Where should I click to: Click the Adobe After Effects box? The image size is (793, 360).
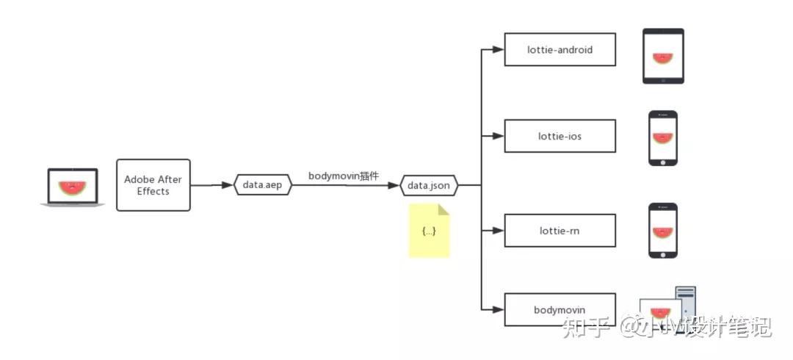[x=153, y=185]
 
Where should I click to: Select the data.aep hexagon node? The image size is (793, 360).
[x=262, y=185]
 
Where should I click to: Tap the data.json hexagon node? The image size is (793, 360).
[x=428, y=185]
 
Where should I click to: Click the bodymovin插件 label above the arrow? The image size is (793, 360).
[x=344, y=176]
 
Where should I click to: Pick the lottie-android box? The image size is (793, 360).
[x=560, y=50]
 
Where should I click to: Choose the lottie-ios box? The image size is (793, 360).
[x=560, y=136]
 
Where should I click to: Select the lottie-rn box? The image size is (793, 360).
[x=560, y=231]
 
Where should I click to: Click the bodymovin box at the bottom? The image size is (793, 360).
[x=560, y=309]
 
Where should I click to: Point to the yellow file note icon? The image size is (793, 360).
[x=429, y=231]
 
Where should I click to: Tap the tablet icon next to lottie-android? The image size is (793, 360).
[x=663, y=56]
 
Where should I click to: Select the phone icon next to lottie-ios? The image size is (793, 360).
[x=663, y=137]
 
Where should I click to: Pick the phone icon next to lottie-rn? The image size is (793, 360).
[x=663, y=231]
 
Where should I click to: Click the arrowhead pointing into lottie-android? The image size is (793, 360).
[x=498, y=50]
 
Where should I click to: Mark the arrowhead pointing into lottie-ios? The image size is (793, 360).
[x=498, y=136]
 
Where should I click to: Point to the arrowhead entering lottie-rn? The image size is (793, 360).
[x=498, y=231]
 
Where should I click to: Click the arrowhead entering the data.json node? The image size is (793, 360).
[x=394, y=185]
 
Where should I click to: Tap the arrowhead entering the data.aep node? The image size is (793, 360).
[x=227, y=185]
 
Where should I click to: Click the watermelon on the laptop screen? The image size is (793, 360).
[x=72, y=188]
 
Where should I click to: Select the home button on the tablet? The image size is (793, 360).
[x=663, y=79]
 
